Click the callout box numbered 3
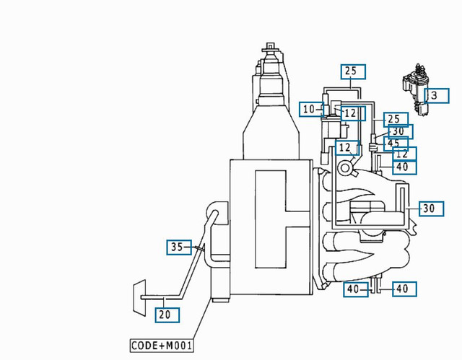click(x=435, y=95)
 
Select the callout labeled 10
click(x=309, y=110)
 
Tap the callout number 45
click(x=394, y=143)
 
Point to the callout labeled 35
click(x=177, y=247)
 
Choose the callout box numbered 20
click(x=165, y=314)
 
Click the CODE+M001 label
click(x=162, y=346)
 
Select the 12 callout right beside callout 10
click(x=349, y=113)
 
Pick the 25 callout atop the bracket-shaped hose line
click(x=352, y=71)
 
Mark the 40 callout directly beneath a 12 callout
click(x=402, y=167)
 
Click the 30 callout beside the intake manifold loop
click(x=429, y=208)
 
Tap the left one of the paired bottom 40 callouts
click(x=352, y=289)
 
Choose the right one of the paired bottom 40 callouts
click(x=402, y=289)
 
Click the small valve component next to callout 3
click(x=416, y=87)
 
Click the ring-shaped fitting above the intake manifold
click(x=346, y=168)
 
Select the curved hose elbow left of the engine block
click(x=214, y=211)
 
